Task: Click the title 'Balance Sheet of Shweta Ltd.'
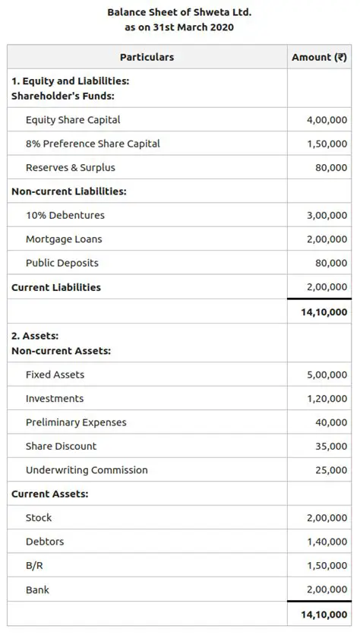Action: [x=179, y=12]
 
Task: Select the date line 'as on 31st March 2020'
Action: [x=179, y=27]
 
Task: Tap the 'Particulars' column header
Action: [x=147, y=57]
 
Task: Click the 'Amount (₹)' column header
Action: [x=319, y=57]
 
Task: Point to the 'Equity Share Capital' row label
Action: [x=73, y=120]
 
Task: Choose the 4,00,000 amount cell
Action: [x=327, y=120]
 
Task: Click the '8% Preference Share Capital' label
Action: [x=93, y=144]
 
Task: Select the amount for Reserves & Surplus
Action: [x=331, y=168]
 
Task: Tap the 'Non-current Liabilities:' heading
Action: [x=68, y=191]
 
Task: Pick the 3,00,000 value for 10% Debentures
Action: [x=327, y=216]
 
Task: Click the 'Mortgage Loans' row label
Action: [x=64, y=239]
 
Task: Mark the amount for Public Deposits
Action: [x=331, y=264]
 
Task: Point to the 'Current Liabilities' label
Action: [x=56, y=287]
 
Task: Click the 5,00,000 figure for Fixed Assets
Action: [x=327, y=375]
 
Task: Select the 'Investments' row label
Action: [x=55, y=399]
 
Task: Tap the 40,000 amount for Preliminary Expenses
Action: [x=331, y=423]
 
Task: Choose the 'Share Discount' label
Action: [x=61, y=447]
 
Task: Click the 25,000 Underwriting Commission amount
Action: [x=331, y=471]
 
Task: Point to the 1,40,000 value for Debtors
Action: [x=327, y=542]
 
